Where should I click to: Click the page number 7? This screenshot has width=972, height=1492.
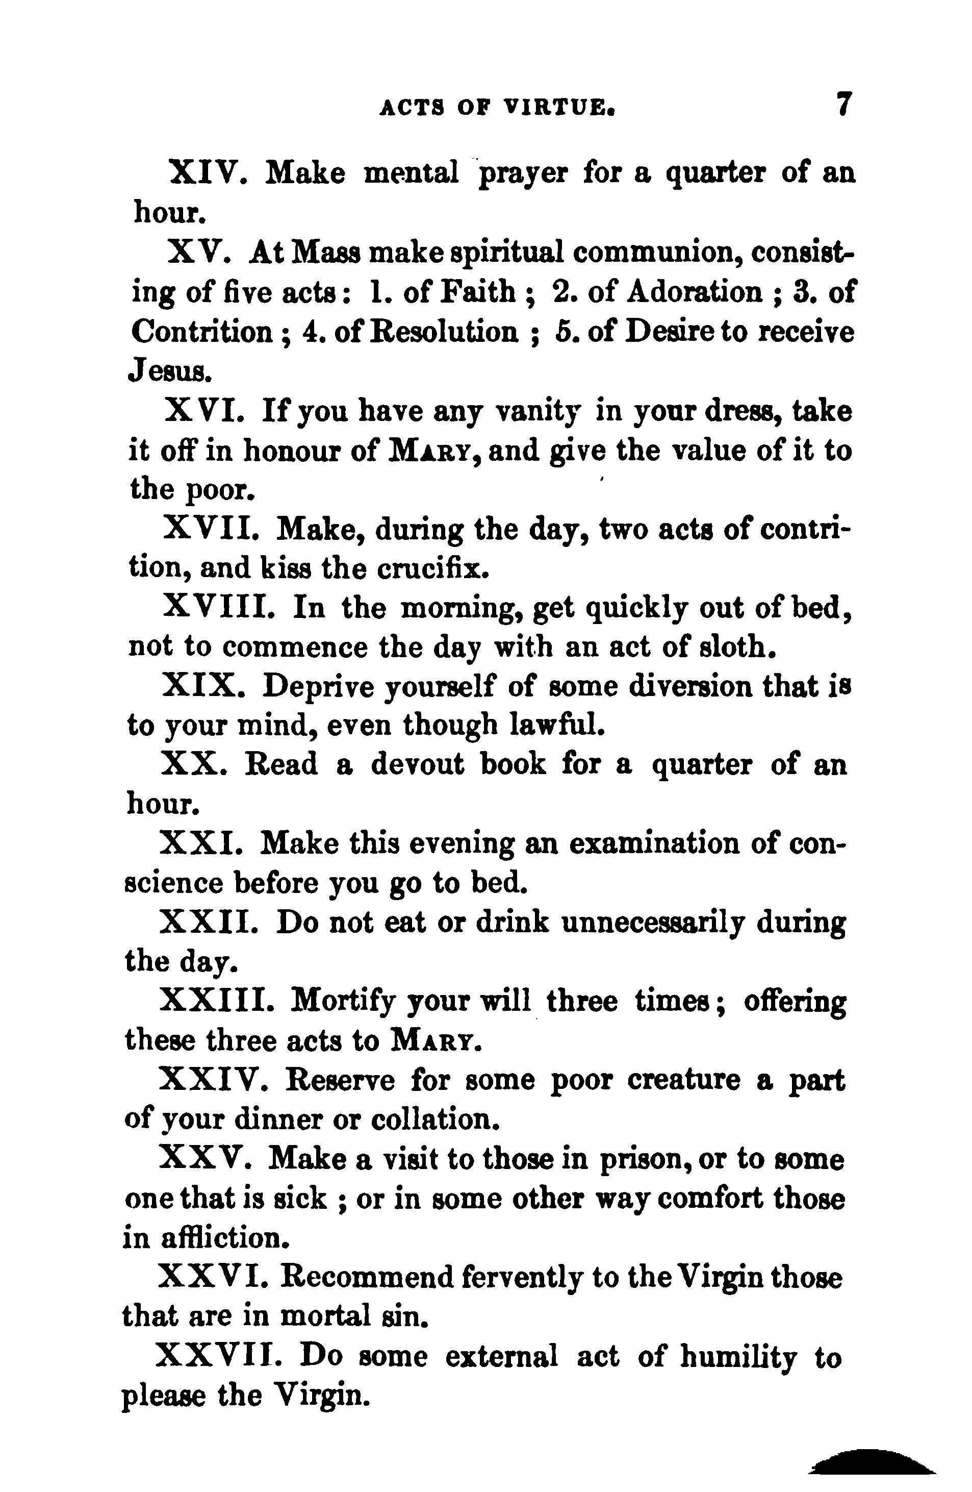tap(844, 105)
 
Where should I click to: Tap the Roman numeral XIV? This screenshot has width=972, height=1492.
tap(208, 172)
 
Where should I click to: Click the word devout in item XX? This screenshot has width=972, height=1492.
tap(417, 765)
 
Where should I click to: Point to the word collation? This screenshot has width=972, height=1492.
tap(436, 1119)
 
